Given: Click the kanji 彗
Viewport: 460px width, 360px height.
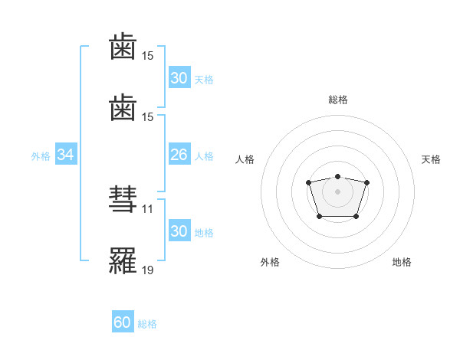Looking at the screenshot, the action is point(123,199).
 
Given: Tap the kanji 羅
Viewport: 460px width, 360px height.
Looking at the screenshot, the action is point(123,260).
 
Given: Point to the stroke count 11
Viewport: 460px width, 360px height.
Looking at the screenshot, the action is point(147,209).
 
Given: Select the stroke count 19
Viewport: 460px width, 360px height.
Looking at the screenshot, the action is point(147,270).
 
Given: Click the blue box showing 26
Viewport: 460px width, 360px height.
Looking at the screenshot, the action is point(179,154).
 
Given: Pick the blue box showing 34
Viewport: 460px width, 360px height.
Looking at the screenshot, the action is point(66,154).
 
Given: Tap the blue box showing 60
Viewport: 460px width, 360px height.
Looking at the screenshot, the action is point(123,321).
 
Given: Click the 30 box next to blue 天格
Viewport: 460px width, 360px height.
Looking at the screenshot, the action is point(179,77).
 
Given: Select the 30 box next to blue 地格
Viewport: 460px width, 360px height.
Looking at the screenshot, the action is point(179,230).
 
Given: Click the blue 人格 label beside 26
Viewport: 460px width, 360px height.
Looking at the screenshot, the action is point(204,156).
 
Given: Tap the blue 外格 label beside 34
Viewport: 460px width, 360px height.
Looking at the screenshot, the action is point(41,156).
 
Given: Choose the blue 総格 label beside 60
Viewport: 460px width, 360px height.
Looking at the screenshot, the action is point(147,324).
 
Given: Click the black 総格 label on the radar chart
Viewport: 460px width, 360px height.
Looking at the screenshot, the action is point(338,100).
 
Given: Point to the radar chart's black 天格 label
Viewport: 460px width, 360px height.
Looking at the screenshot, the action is point(431,159).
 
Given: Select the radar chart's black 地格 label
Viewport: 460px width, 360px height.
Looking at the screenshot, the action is point(402,262).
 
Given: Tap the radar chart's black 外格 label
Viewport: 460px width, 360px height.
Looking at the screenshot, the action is point(270,262).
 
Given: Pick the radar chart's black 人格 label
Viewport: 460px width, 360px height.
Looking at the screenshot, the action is point(245,159).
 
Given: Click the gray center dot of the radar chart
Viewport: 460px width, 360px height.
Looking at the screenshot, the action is point(337,191).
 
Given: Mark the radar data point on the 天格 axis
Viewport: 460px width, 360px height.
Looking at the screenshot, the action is point(366,182).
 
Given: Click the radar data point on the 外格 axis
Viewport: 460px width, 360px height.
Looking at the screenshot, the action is point(320,217).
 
